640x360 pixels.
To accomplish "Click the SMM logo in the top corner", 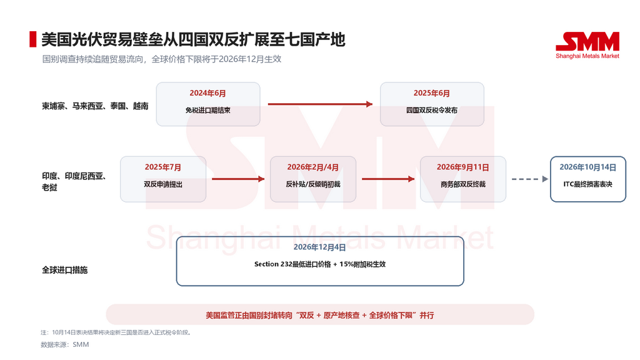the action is tap(587, 45).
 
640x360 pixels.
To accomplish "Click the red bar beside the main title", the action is tap(32, 39).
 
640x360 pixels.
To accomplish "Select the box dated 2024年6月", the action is tap(208, 104).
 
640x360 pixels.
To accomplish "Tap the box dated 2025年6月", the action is tap(432, 104).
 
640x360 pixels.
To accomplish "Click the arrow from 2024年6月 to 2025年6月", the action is tap(321, 104).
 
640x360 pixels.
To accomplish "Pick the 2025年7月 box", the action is tap(163, 179).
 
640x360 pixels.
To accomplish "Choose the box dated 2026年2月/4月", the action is tap(313, 179).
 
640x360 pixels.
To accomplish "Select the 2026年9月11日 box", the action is tap(463, 179).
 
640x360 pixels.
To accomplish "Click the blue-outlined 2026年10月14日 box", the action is tap(587, 179).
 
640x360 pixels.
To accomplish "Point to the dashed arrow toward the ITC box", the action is tap(530, 179).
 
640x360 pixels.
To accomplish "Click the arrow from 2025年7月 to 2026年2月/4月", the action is tap(238, 179).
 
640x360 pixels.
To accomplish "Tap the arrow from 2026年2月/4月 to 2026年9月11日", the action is tap(388, 179).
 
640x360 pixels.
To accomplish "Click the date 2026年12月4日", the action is tap(319, 247).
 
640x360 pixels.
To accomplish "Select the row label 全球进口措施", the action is tap(64, 270).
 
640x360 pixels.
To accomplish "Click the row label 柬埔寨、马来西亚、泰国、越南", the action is tap(95, 106).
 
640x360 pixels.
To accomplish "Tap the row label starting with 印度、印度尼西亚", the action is tap(74, 182).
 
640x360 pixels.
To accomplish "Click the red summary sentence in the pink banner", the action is tap(319, 315).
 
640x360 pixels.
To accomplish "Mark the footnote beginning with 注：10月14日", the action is tap(116, 332).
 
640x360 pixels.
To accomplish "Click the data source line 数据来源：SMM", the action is tap(65, 344).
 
